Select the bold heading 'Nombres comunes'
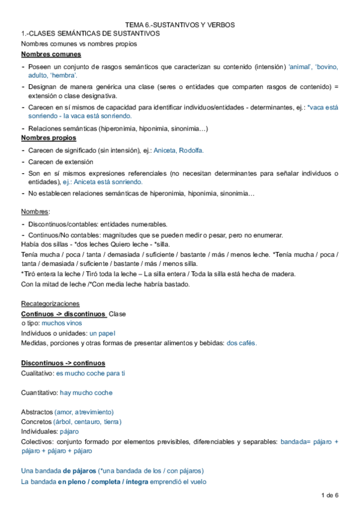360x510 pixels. click(48, 55)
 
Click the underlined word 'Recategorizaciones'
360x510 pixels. click(50, 304)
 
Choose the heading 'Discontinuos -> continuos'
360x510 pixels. click(63, 363)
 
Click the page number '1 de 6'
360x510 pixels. click(331, 495)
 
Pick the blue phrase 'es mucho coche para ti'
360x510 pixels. click(90, 373)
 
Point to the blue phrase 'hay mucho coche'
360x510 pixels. click(86, 393)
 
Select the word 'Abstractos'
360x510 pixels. click(37, 412)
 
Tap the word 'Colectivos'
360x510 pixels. click(37, 442)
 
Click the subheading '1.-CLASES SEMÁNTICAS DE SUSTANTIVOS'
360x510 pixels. click(90, 34)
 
